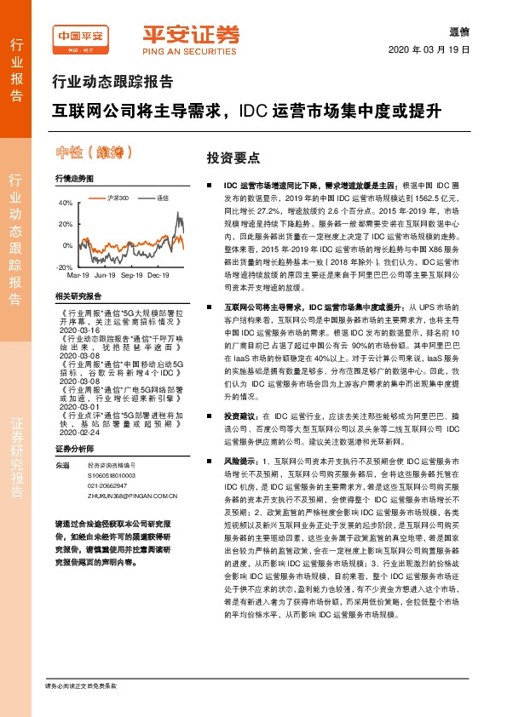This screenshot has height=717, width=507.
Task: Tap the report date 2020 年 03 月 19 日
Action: click(x=447, y=49)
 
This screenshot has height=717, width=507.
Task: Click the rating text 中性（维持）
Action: click(x=95, y=153)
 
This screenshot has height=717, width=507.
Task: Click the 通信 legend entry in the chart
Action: click(x=163, y=198)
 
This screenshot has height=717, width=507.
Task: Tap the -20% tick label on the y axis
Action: click(x=65, y=267)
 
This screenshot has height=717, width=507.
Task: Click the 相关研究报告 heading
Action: click(x=78, y=295)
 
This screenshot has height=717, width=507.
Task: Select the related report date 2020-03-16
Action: click(x=79, y=331)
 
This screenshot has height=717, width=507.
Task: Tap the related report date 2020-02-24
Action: click(x=79, y=431)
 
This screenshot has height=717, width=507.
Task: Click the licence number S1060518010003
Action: click(x=112, y=474)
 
